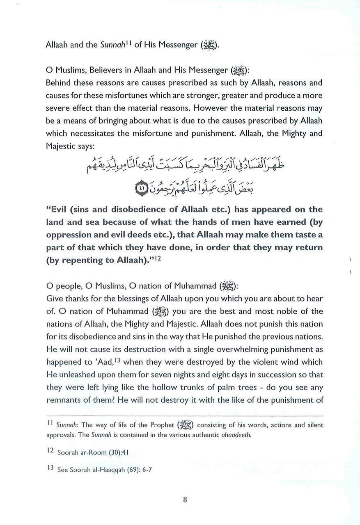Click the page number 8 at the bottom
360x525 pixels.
tap(185, 500)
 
